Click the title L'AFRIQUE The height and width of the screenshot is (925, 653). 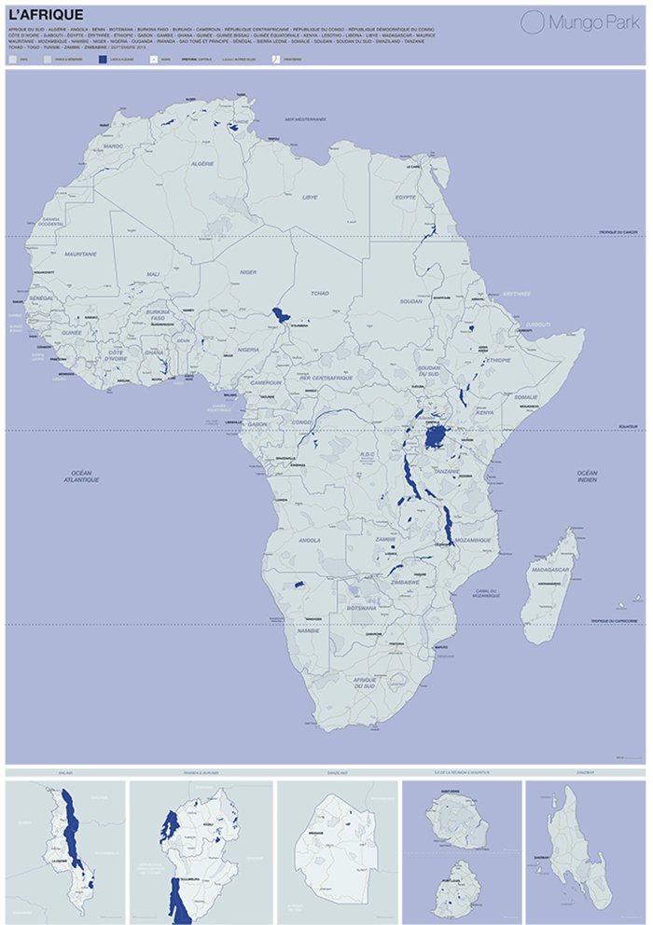45,16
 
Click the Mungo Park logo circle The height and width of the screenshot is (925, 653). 532,22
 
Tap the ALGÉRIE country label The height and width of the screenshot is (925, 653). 202,163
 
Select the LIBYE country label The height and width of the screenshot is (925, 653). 310,198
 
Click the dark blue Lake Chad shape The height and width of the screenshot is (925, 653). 279,314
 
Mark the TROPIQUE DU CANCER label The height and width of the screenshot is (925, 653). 618,232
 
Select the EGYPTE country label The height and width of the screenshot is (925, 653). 406,198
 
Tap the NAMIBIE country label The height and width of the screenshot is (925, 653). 308,631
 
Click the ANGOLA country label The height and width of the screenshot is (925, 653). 310,539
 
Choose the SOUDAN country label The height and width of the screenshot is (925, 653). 410,302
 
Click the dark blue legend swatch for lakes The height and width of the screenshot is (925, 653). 103,58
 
